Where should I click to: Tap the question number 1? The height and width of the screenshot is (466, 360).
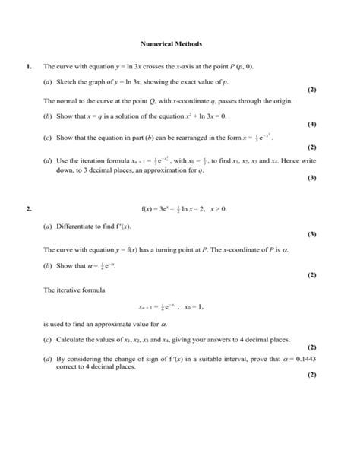[28, 67]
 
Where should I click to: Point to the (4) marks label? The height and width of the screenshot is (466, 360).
[311, 124]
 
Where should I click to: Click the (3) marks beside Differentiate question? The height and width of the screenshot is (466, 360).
[311, 234]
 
